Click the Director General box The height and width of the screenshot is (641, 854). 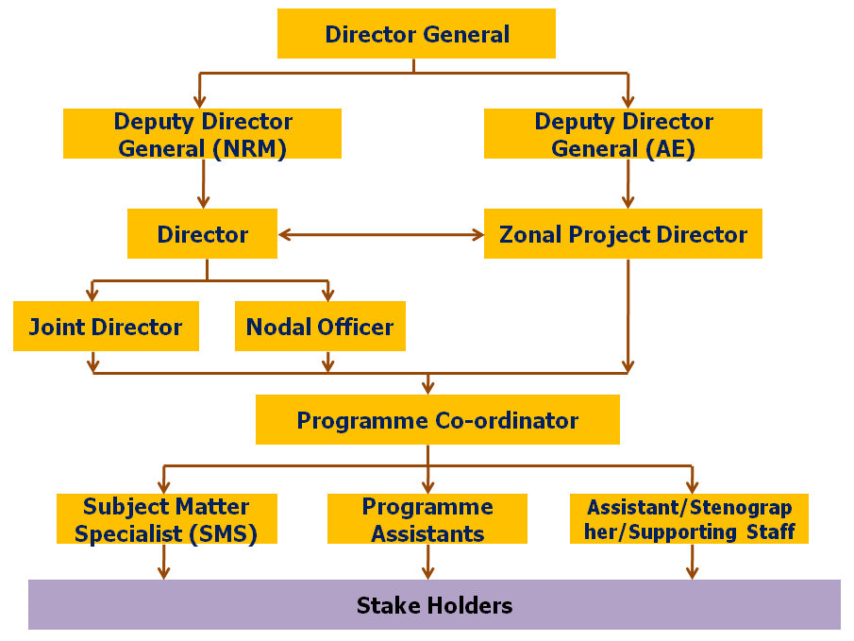pyautogui.click(x=416, y=34)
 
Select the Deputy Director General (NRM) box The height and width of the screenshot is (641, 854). pyautogui.click(x=202, y=134)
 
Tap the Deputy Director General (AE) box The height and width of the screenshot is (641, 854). pyautogui.click(x=623, y=134)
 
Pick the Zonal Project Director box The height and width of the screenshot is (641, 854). pyautogui.click(x=623, y=234)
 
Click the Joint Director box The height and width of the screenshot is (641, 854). pyautogui.click(x=106, y=327)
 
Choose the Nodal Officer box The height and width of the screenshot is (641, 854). pyautogui.click(x=320, y=327)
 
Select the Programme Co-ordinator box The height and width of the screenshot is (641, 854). pyautogui.click(x=437, y=420)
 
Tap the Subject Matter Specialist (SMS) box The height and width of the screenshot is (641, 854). pyautogui.click(x=166, y=519)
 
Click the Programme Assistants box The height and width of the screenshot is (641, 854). pyautogui.click(x=427, y=519)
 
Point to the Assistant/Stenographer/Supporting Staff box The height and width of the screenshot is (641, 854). pyautogui.click(x=689, y=519)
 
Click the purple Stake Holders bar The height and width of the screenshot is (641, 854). pyautogui.click(x=434, y=605)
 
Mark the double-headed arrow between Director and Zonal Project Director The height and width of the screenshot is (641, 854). pyautogui.click(x=380, y=235)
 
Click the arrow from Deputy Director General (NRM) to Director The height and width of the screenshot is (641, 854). pyautogui.click(x=203, y=183)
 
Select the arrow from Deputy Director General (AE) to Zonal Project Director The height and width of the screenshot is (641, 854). pyautogui.click(x=628, y=183)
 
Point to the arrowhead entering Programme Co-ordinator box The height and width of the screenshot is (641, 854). pyautogui.click(x=428, y=387)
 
